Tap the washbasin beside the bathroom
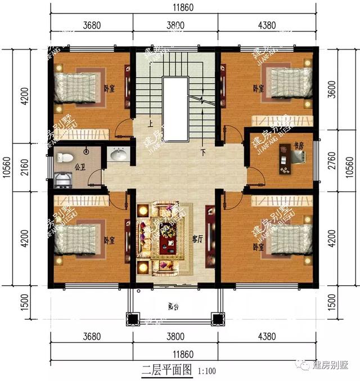tap(119, 154)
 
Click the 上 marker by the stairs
tap(150, 123)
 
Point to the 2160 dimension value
tap(24, 167)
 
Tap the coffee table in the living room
tap(167, 243)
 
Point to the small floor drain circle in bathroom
tap(85, 151)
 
